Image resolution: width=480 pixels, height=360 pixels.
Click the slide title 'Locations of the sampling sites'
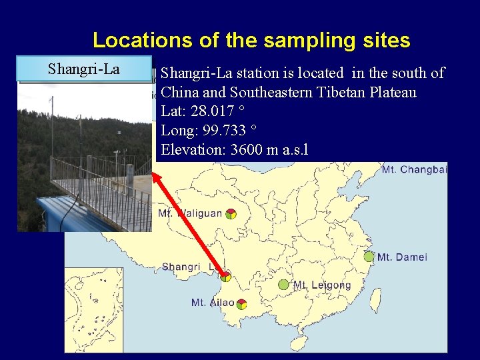coord(251,41)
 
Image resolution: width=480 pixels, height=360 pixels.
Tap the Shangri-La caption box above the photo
coord(84,69)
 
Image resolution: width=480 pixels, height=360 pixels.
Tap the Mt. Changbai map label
coord(414,170)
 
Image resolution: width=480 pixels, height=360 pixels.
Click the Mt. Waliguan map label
coord(189,214)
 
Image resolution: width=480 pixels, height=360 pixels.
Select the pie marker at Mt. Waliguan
coord(230,214)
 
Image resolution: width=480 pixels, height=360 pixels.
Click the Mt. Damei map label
coord(402,257)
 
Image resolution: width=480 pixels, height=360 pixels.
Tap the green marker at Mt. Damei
coord(369,257)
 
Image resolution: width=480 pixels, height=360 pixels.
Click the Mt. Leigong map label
coord(322,285)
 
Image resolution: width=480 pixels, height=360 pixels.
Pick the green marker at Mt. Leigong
coord(283,285)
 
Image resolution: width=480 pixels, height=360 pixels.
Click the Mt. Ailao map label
coord(213,303)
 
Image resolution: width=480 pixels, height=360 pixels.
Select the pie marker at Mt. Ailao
coord(241,304)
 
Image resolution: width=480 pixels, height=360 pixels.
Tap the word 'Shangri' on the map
coord(181,267)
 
